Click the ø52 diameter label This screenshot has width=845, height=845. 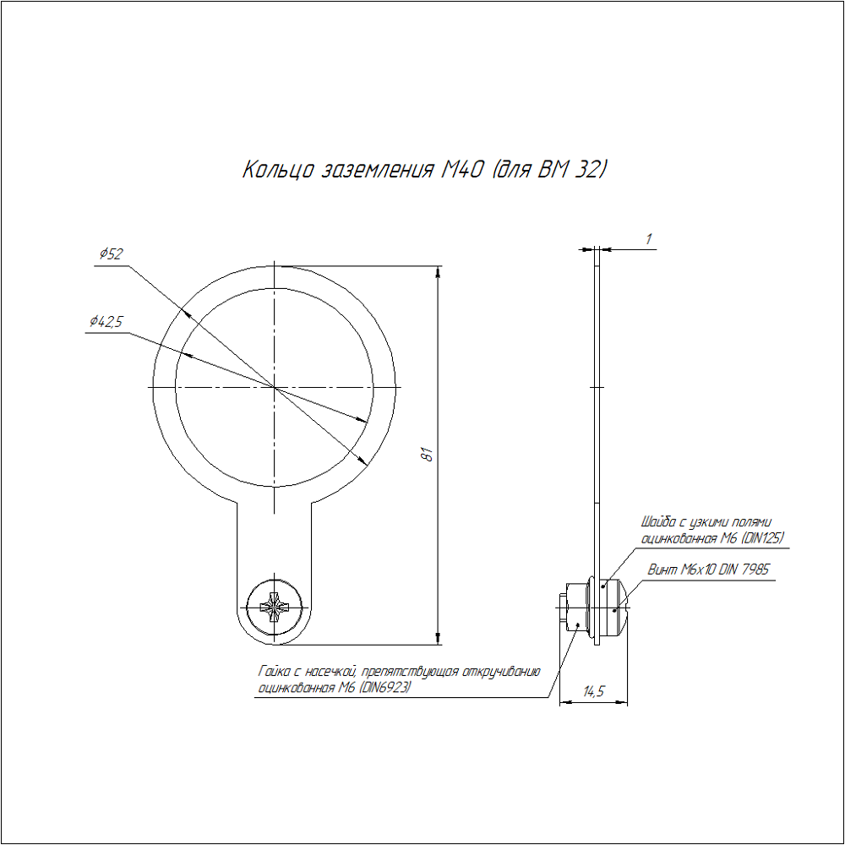[x=111, y=253]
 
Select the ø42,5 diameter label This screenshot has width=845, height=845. [x=106, y=322]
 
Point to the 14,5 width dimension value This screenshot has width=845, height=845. [x=594, y=691]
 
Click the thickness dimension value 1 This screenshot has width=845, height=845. [x=649, y=239]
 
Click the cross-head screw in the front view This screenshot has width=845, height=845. [x=275, y=608]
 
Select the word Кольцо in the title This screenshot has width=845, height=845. [x=277, y=170]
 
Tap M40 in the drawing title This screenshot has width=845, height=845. [x=462, y=170]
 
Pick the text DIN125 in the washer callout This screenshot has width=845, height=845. [x=762, y=537]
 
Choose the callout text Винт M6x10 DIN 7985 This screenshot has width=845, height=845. [x=708, y=570]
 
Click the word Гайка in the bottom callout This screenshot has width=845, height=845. [x=275, y=672]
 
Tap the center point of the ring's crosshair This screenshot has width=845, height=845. [x=275, y=387]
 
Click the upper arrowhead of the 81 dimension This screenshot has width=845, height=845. [x=438, y=272]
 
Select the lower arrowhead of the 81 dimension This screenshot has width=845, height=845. [x=438, y=638]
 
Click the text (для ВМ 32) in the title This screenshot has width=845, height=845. [x=548, y=170]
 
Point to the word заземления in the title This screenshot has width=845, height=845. [x=377, y=171]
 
